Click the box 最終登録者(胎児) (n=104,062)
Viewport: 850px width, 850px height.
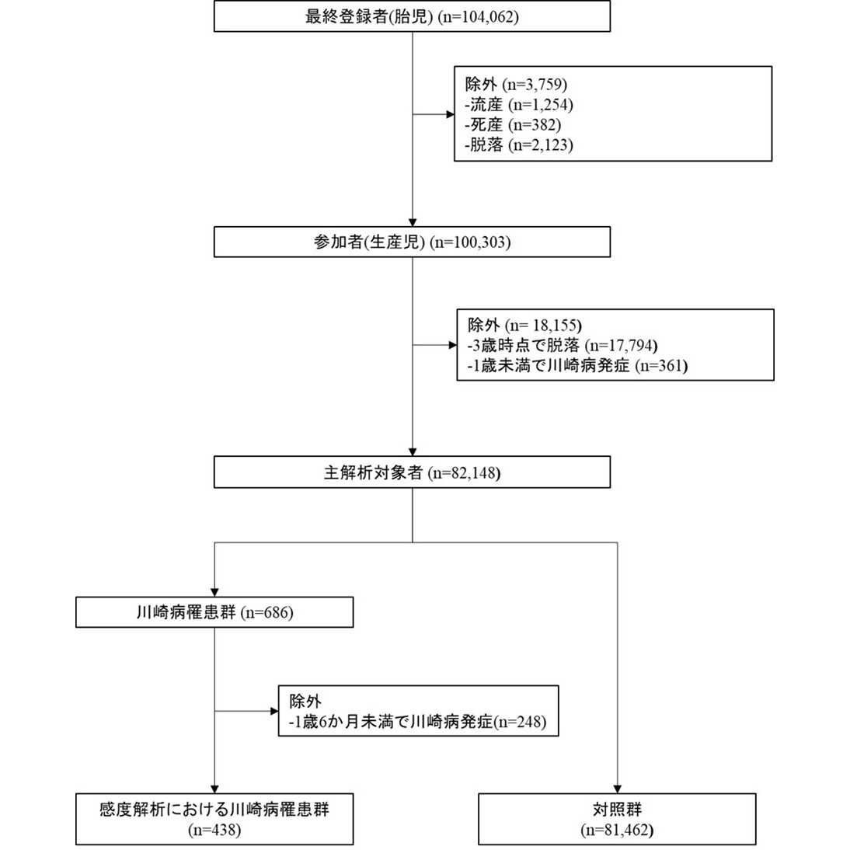tap(412, 16)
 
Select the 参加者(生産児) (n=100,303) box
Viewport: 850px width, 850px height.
tap(412, 242)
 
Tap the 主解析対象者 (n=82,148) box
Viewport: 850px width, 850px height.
tap(412, 472)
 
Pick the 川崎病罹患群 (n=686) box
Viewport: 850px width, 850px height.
tap(214, 612)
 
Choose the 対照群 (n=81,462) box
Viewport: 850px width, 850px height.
tap(617, 819)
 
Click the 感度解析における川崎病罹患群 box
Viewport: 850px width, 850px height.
tap(214, 810)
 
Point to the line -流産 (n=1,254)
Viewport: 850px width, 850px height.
tap(519, 104)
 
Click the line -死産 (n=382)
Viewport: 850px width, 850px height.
tap(513, 124)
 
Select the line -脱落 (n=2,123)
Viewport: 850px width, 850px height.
tap(519, 145)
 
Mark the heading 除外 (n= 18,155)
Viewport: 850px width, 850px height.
tap(524, 325)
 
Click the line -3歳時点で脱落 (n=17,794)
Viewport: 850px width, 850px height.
tap(558, 345)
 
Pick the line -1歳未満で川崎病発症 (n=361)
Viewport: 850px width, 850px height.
tap(577, 365)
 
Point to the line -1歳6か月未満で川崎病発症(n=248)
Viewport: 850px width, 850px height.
tap(418, 722)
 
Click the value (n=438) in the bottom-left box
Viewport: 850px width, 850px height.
tap(214, 830)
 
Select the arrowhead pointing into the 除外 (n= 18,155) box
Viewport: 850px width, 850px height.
tap(451, 345)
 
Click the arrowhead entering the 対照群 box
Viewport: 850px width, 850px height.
tap(618, 788)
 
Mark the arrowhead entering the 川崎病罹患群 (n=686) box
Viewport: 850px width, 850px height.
tap(214, 592)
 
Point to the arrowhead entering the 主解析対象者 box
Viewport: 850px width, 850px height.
tap(413, 451)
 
